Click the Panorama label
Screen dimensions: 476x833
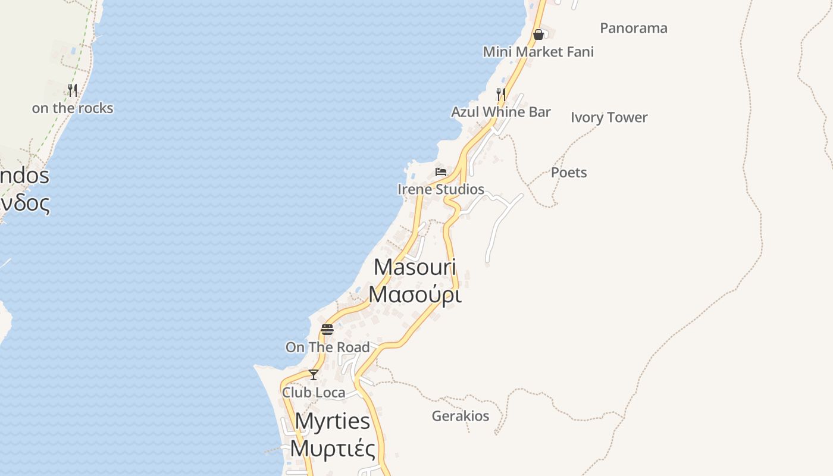pos(633,28)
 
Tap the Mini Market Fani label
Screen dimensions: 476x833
pos(538,52)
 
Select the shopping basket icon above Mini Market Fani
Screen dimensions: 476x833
pos(538,35)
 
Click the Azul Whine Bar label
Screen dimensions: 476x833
pos(500,112)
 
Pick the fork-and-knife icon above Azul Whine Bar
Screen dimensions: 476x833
pos(501,95)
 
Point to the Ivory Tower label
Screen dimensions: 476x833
pos(609,117)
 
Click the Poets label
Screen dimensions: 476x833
pos(569,173)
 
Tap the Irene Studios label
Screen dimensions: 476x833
pos(440,189)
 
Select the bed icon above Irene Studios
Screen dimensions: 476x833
pos(441,172)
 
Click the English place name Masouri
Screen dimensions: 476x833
pos(415,267)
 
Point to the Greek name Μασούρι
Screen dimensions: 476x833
pos(415,294)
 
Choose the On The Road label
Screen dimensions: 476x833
pos(327,347)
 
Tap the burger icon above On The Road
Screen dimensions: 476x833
pos(327,330)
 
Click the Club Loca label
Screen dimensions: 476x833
pos(313,392)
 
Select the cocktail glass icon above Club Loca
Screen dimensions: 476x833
pos(314,375)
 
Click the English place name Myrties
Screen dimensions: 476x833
pos(333,421)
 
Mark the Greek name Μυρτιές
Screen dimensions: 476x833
pos(333,449)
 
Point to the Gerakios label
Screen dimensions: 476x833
pos(460,416)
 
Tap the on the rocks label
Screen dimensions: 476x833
pos(72,108)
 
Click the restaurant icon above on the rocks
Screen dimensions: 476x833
pos(73,90)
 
